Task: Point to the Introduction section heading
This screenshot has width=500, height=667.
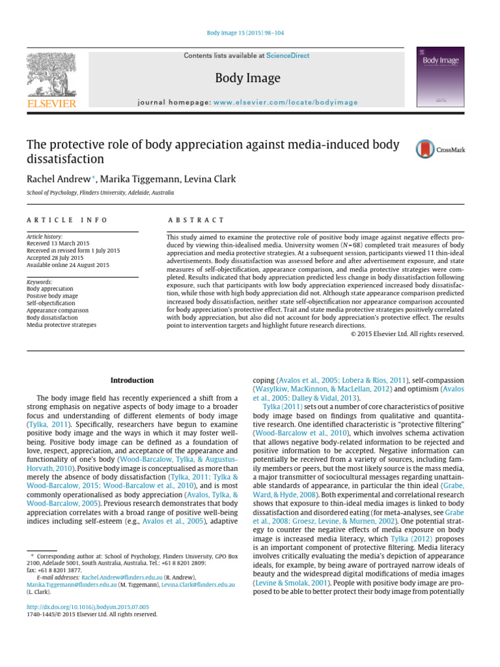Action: [132, 380]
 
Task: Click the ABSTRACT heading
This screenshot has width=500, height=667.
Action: [196, 221]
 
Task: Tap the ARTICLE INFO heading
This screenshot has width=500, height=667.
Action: [66, 221]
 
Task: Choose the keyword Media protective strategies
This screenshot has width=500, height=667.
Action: [61, 324]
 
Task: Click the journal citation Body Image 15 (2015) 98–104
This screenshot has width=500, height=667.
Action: [249, 32]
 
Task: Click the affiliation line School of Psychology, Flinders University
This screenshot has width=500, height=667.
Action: [100, 193]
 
